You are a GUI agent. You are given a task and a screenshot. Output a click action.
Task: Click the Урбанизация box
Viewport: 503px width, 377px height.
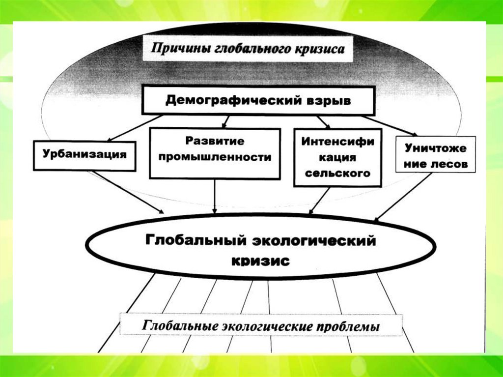point(84,154)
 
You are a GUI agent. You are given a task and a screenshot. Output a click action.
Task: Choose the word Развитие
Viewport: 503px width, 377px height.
point(215,141)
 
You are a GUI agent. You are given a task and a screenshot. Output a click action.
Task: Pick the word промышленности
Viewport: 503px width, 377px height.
point(215,158)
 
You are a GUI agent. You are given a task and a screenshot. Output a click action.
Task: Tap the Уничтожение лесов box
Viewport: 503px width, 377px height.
point(435,154)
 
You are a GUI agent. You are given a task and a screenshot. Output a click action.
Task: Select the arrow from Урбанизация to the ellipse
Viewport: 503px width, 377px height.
point(129,192)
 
